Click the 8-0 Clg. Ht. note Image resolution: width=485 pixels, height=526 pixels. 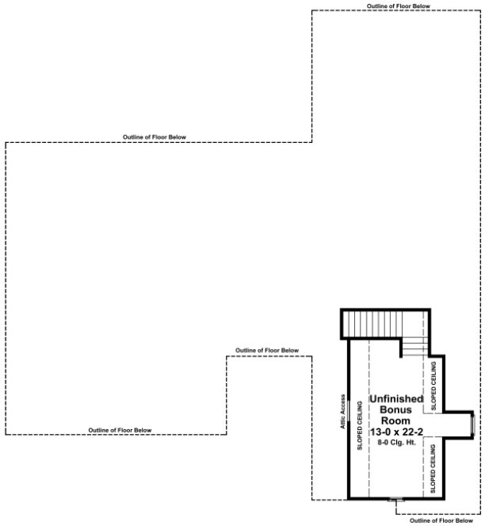(x=396, y=441)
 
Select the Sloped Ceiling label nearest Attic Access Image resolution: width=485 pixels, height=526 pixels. (x=361, y=427)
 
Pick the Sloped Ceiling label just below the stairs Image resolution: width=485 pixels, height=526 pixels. (x=433, y=384)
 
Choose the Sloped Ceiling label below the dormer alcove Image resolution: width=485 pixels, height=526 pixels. (x=433, y=470)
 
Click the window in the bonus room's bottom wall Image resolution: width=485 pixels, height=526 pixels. (x=395, y=501)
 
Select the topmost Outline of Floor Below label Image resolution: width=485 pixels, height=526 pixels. (x=399, y=6)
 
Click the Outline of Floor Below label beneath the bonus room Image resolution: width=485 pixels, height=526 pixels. (x=439, y=521)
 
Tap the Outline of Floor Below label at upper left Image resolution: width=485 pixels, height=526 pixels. (x=155, y=137)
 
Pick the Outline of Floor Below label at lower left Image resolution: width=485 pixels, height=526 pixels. (x=120, y=430)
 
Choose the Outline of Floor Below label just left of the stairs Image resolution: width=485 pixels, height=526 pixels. (x=267, y=351)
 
